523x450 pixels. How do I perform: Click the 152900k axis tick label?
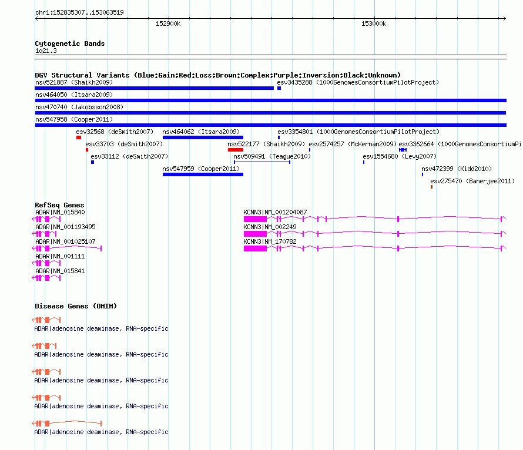tap(168, 23)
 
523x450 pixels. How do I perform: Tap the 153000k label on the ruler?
tap(374, 23)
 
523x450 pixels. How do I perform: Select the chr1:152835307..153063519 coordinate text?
tap(79, 12)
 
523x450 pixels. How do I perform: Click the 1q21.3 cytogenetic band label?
tap(46, 51)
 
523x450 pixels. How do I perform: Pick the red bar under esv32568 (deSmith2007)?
tap(79, 137)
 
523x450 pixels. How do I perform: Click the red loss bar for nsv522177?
tap(236, 150)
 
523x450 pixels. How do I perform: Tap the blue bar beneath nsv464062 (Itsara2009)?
tap(203, 137)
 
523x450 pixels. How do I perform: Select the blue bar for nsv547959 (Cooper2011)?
tap(203, 174)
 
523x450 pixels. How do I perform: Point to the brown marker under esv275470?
tap(431, 187)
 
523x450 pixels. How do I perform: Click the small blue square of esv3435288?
tap(279, 88)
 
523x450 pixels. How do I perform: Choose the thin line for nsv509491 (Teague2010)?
tap(262, 162)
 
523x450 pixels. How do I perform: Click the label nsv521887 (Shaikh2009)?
tap(74, 82)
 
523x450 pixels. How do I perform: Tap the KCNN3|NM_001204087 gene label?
tap(275, 212)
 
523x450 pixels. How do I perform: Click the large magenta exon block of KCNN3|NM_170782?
tap(255, 248)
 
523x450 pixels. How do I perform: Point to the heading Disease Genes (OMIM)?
tap(76, 306)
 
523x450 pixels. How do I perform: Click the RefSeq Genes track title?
tap(59, 205)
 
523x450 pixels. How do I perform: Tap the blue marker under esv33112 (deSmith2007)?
tap(92, 162)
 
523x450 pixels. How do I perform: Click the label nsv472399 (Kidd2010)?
tap(457, 169)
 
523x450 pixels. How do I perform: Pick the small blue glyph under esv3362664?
tap(403, 150)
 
